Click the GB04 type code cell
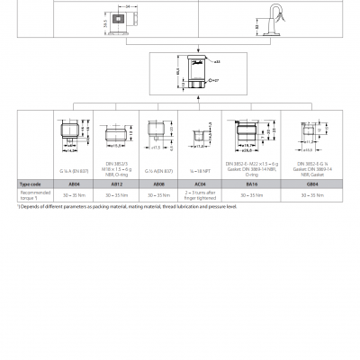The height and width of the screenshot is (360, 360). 310,183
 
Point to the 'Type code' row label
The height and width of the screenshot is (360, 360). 33,183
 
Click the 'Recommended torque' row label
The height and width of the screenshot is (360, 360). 35,193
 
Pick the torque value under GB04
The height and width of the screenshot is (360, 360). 310,193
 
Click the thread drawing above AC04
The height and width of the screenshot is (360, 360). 197,140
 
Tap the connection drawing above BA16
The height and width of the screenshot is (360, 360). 244,140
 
